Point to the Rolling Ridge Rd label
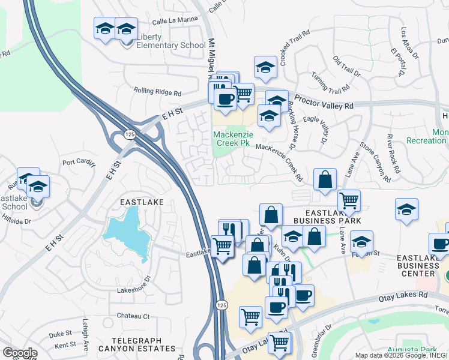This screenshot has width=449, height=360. (x=157, y=92)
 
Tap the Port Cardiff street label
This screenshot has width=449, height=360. (x=79, y=162)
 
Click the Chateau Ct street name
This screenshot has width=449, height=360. (x=133, y=316)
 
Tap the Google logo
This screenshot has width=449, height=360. (x=20, y=353)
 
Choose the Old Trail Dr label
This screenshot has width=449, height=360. (x=346, y=68)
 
